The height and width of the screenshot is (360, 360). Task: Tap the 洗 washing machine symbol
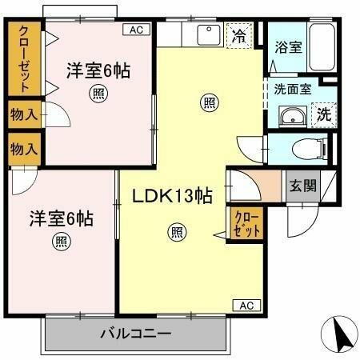324,114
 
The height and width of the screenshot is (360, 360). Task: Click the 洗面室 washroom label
293,90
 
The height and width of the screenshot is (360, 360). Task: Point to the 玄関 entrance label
302,186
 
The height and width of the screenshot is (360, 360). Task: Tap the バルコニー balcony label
135,333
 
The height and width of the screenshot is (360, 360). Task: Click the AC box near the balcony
247,305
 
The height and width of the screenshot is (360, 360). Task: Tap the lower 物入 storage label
24,149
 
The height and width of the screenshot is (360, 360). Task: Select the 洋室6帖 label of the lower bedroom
62,217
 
